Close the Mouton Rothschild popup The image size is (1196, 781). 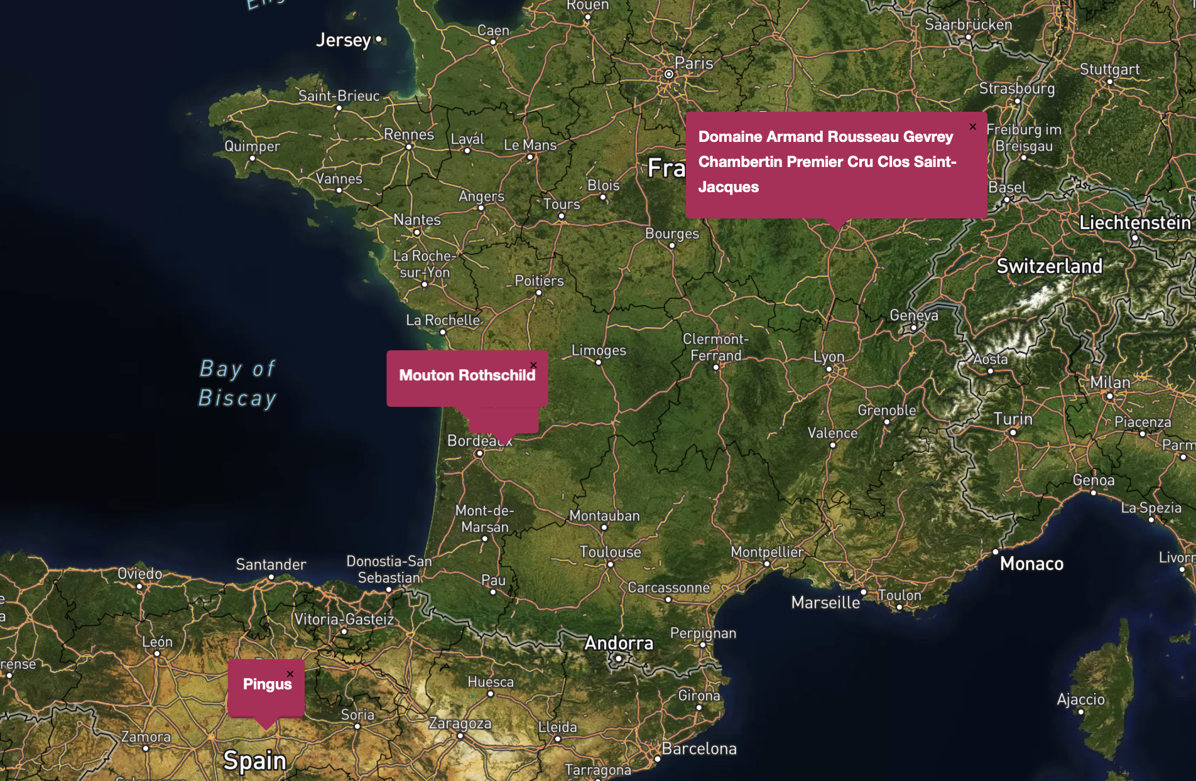pos(533,365)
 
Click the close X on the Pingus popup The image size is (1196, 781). pos(290,674)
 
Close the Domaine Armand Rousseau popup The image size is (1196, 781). pos(972,127)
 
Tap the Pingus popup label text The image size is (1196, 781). pos(267,684)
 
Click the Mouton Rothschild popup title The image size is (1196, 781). pos(467,375)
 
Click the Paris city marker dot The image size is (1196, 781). pos(669,74)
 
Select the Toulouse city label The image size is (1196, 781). pos(610,552)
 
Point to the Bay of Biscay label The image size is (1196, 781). pos(237,383)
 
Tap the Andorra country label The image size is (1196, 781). pos(619,643)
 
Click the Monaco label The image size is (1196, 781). pos(1031,564)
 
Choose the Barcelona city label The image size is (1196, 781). pos(699,748)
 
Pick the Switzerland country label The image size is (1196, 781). pos(1049,266)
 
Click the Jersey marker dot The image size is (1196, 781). pos(378,39)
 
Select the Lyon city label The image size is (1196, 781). pos(829,357)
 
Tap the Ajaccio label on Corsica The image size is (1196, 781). pos(1080,699)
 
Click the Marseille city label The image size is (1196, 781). pos(825,603)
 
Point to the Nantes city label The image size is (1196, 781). pos(417,220)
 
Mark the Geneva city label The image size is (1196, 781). pos(913,315)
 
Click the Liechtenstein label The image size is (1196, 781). pos(1134,223)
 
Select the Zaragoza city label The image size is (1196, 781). pos(460,723)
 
